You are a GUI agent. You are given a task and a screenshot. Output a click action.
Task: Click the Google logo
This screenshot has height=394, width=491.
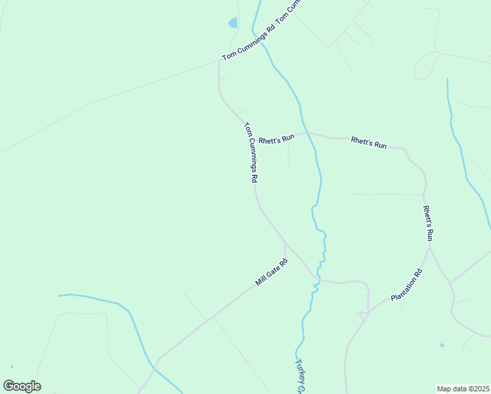22,386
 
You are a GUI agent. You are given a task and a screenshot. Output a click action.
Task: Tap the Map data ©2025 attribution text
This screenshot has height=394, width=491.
463,389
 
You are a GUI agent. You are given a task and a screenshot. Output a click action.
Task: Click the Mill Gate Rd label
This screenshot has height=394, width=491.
271,273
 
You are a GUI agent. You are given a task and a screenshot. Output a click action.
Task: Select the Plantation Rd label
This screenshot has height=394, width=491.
407,285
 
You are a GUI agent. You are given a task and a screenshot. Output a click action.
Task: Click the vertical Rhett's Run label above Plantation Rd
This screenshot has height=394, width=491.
428,223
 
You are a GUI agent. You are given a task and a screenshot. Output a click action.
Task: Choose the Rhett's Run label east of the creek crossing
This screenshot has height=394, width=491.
368,142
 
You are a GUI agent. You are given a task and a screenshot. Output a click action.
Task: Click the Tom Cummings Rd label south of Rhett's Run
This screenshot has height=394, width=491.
251,152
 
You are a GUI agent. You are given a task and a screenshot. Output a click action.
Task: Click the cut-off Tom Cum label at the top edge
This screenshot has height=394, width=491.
291,10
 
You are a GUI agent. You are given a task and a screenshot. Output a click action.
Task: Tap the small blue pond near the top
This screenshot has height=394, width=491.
233,23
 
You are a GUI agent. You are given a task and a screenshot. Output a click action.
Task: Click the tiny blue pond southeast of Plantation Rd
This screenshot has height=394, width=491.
442,345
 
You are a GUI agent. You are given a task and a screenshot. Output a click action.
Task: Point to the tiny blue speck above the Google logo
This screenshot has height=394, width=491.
12,366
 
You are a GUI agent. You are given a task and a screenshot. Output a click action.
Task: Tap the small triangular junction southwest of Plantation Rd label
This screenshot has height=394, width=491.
362,315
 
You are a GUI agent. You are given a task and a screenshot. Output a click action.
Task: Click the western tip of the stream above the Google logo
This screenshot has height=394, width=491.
58,295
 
